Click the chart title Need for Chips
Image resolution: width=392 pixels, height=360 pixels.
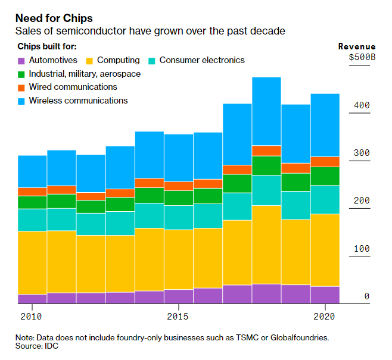[x=54, y=18]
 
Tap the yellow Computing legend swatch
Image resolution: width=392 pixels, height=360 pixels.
[x=89, y=61]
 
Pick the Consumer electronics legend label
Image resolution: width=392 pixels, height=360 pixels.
[x=202, y=60]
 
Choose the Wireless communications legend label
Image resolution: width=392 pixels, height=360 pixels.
[x=78, y=101]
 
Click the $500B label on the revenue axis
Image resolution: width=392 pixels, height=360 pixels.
[x=362, y=58]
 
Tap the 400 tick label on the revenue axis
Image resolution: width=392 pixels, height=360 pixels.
[x=362, y=105]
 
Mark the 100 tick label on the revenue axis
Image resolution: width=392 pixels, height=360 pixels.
[x=362, y=249]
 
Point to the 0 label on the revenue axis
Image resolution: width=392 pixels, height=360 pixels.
[x=367, y=296]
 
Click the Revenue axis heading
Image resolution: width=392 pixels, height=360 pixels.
[x=357, y=46]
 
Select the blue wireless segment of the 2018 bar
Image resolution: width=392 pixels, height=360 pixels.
[x=266, y=111]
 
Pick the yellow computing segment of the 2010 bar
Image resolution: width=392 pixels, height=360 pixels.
[x=32, y=262]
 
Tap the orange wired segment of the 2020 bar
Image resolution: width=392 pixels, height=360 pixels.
[x=325, y=162]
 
